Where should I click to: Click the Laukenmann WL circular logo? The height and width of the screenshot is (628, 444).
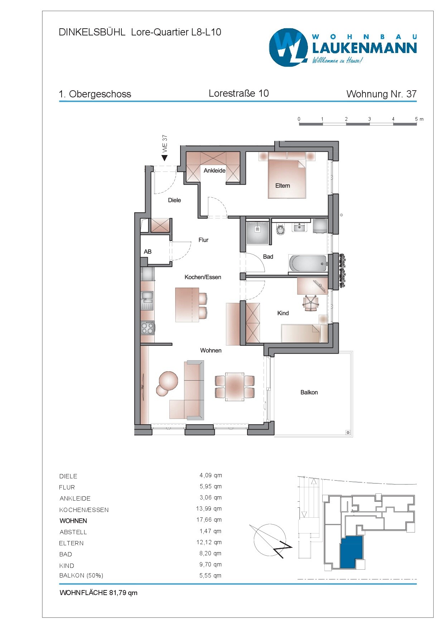point(288,48)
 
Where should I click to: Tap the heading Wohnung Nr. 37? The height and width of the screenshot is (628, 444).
point(381,94)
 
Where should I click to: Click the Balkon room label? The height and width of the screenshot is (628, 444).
point(309,392)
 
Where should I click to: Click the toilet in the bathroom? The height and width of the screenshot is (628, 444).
point(280,230)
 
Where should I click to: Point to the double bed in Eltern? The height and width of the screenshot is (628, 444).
point(287,179)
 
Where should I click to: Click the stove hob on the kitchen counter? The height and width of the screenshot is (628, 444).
point(147,328)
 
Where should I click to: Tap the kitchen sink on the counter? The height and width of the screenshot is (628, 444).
point(147,296)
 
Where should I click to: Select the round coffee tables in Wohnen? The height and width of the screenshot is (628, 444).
point(167,383)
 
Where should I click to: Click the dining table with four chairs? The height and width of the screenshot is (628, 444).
point(235,387)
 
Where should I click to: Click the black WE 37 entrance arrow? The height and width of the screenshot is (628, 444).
point(165,158)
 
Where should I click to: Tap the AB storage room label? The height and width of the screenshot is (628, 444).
point(148,252)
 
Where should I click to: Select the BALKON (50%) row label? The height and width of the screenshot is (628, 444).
point(81,575)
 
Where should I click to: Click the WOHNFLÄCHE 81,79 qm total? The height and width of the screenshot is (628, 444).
point(98,593)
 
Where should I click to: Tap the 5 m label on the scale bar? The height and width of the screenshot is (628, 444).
point(419,119)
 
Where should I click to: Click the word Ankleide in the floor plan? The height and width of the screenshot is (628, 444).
point(214,171)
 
